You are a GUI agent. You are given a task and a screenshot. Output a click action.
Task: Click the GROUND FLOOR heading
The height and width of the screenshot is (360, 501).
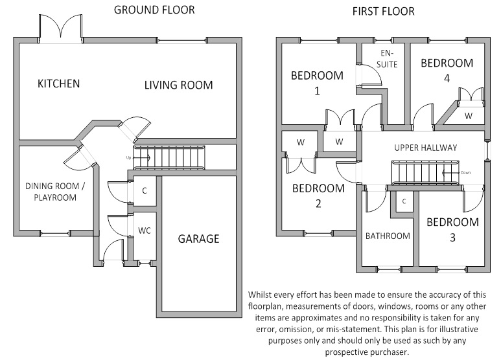pyautogui.click(x=154, y=10)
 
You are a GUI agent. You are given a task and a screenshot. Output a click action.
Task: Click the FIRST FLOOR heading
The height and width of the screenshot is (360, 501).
pyautogui.click(x=383, y=11)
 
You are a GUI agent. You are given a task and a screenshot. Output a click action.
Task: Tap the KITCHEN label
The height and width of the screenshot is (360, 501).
pyautogui.click(x=58, y=84)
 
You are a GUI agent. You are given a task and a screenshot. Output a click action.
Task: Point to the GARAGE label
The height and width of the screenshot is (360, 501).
pyautogui.click(x=198, y=239)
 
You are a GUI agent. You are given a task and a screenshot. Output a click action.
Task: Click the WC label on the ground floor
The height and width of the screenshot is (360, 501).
pyautogui.click(x=144, y=231)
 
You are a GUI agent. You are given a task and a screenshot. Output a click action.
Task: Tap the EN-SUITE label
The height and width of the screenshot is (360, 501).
pyautogui.click(x=387, y=59)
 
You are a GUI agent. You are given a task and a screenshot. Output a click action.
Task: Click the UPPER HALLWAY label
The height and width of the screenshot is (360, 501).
pyautogui.click(x=426, y=148)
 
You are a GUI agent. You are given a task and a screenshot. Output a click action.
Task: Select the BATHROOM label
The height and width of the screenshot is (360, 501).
pyautogui.click(x=388, y=236)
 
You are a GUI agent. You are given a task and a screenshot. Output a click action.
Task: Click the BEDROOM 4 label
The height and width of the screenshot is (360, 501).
pyautogui.click(x=447, y=71)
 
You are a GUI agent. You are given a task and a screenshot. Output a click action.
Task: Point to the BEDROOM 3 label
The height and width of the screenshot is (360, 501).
pyautogui.click(x=452, y=230)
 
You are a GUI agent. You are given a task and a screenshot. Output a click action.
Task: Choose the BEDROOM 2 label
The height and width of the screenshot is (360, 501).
pyautogui.click(x=318, y=196)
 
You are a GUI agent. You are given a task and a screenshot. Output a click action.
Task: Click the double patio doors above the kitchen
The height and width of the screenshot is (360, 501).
pyautogui.click(x=60, y=28)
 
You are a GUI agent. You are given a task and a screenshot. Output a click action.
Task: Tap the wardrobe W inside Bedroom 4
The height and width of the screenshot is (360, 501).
pyautogui.click(x=467, y=115)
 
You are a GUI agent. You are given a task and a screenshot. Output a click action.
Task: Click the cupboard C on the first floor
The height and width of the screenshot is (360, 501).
pyautogui.click(x=404, y=201)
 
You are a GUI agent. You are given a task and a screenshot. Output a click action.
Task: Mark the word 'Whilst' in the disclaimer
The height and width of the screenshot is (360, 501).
pyautogui.click(x=262, y=295)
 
